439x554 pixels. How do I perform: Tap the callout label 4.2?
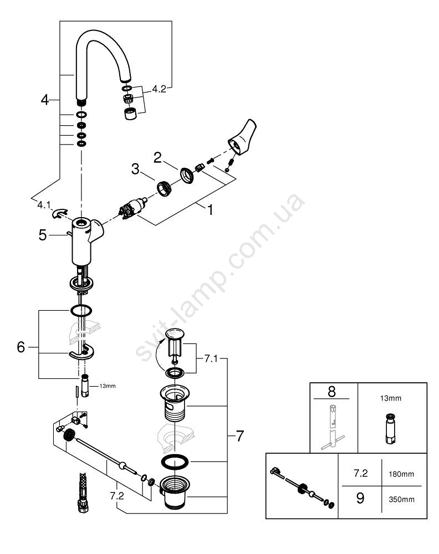point(159,88)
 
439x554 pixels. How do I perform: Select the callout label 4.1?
point(44,205)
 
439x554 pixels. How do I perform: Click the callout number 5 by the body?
point(43,235)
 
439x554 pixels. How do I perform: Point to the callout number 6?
point(21,347)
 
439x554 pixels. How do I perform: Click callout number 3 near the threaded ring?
point(135,170)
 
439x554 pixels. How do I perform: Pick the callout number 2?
point(157,157)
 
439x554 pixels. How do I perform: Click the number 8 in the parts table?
point(331,391)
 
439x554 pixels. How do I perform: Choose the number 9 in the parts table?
point(360,499)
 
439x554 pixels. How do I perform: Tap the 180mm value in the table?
point(401,475)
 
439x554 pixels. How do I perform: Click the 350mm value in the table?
point(401,499)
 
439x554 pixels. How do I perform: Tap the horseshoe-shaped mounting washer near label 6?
point(82,352)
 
